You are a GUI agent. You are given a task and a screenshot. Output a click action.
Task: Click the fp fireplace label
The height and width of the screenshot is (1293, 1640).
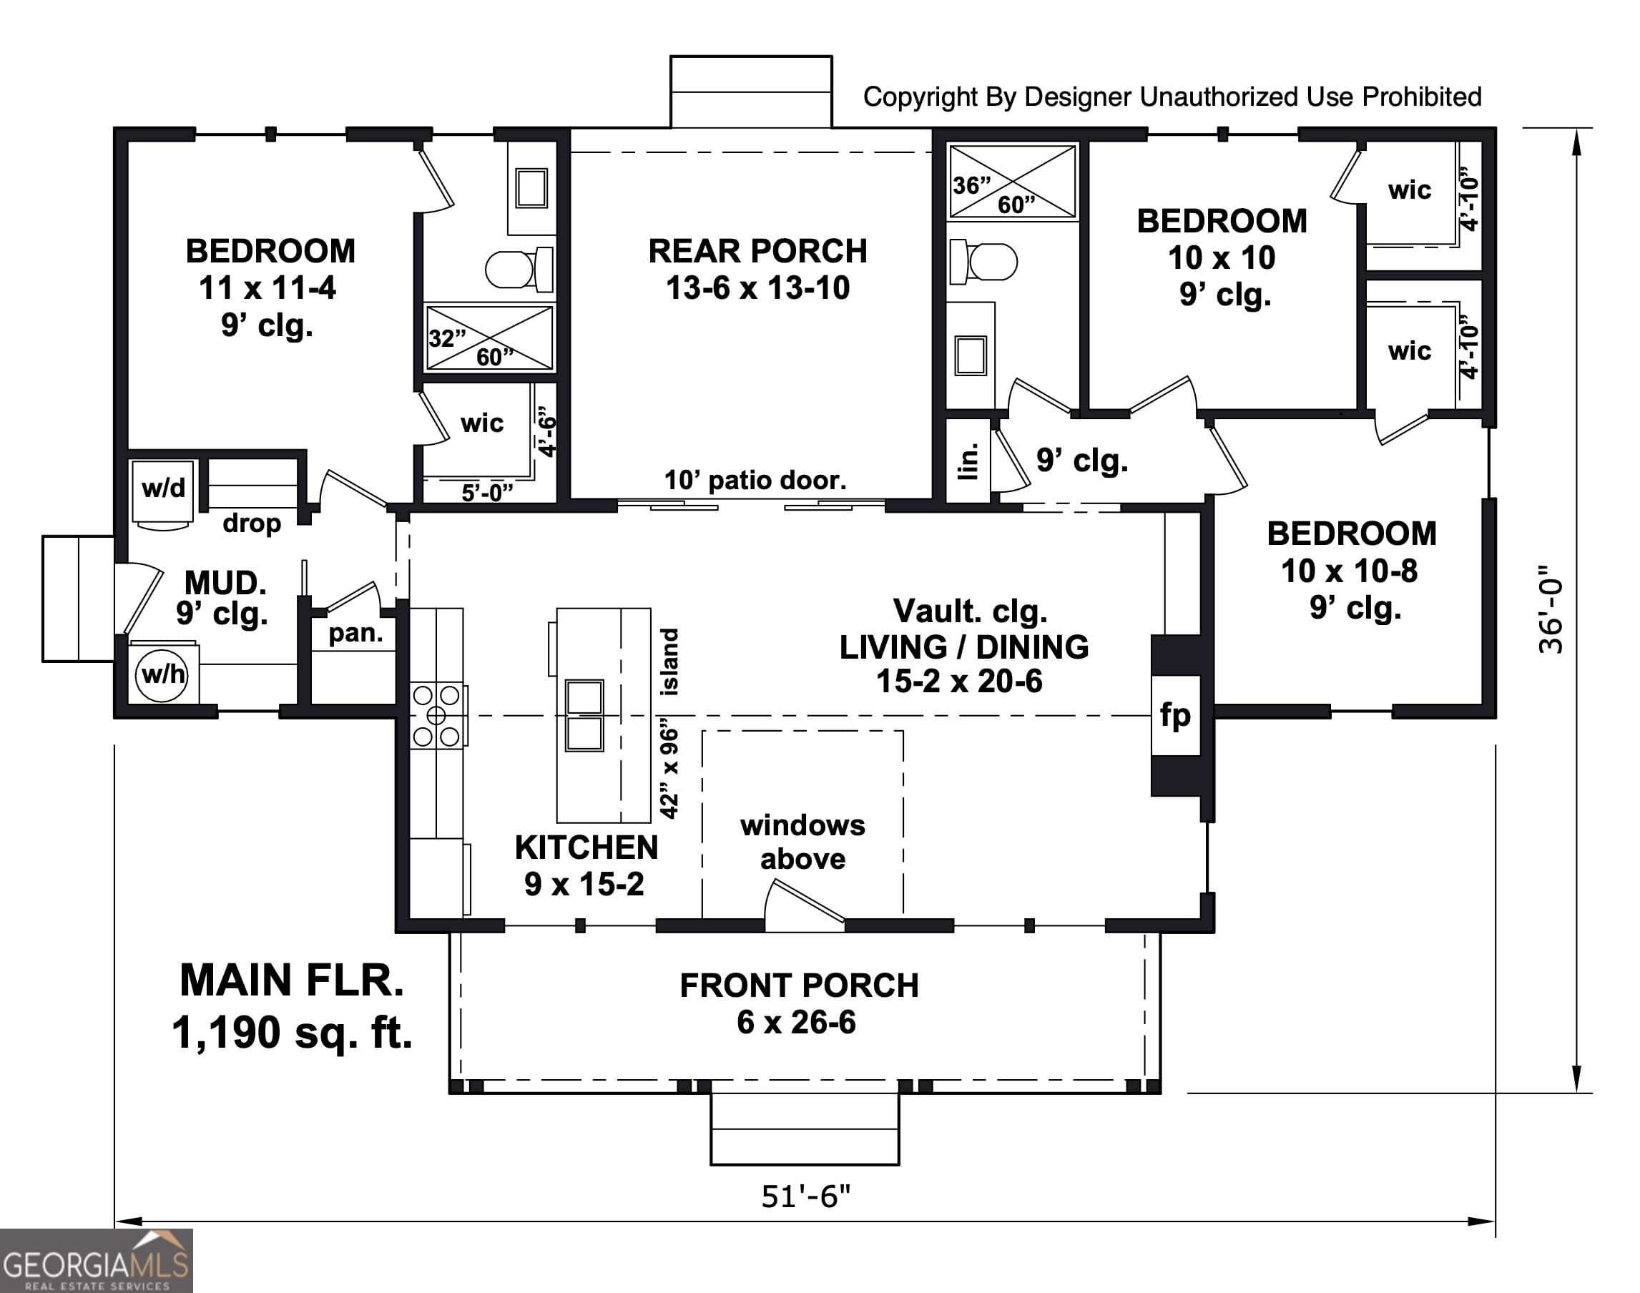(x=1174, y=714)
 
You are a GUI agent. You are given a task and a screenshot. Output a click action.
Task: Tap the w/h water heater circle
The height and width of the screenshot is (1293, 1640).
(x=162, y=674)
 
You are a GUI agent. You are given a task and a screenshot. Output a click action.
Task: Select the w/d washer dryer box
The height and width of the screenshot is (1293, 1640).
(x=163, y=488)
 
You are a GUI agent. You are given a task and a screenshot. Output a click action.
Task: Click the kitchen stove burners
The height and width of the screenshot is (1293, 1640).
(x=437, y=715)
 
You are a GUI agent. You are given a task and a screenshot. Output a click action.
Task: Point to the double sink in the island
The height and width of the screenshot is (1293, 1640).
(x=584, y=715)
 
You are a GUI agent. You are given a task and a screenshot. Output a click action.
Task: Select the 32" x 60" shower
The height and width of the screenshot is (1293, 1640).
(x=489, y=338)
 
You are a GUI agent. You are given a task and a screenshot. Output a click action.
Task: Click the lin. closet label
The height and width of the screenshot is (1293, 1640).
(x=968, y=461)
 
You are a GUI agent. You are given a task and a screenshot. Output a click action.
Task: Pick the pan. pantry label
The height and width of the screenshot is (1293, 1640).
(x=355, y=633)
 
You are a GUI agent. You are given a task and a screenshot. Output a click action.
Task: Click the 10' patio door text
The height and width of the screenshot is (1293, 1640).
(x=755, y=480)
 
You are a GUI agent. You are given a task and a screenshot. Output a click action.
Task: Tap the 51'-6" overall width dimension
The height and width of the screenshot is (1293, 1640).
(x=805, y=1196)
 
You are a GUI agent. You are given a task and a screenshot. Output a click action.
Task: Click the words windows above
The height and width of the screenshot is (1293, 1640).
(x=802, y=841)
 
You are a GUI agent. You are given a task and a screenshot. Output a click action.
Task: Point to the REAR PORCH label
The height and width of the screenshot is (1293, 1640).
(x=757, y=251)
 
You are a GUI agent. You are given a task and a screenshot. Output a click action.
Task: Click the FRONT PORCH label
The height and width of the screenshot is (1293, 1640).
(x=799, y=985)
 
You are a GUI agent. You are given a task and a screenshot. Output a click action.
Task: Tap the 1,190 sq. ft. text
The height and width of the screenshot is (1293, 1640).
(x=293, y=1032)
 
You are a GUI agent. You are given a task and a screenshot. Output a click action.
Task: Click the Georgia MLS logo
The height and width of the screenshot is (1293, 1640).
(x=96, y=1262)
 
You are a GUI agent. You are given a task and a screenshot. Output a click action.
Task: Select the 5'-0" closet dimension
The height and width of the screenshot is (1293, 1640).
(x=487, y=493)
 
